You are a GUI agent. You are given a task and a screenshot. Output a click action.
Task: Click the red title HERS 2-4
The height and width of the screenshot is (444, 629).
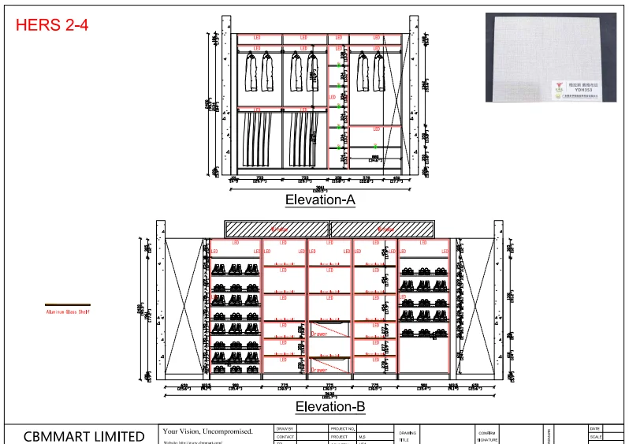click(52, 24)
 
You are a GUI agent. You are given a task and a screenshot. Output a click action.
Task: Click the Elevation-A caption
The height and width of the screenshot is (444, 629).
click(320, 200)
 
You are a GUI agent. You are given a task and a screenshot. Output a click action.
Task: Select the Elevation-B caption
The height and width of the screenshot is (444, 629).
click(329, 407)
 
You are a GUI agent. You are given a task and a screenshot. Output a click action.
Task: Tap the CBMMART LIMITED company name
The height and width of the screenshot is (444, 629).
click(84, 436)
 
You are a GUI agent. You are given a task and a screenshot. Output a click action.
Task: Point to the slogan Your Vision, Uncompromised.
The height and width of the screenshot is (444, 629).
click(207, 431)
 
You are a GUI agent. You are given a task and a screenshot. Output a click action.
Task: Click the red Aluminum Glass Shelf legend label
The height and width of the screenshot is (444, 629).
click(67, 312)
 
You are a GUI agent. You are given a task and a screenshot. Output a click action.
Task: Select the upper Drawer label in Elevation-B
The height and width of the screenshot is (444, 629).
click(318, 334)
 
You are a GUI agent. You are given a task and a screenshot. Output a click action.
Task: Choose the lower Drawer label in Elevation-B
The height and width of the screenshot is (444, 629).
click(318, 369)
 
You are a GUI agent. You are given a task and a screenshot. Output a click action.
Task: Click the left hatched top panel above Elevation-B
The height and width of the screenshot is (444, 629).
click(277, 229)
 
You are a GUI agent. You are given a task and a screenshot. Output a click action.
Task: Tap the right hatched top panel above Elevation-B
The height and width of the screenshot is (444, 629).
click(382, 229)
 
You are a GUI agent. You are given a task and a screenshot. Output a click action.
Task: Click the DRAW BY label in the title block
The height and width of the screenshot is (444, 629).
click(285, 428)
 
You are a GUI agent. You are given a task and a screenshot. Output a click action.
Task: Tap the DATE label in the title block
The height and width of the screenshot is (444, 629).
click(594, 428)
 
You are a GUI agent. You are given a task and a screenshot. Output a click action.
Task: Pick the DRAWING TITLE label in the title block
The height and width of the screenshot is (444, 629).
click(407, 436)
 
